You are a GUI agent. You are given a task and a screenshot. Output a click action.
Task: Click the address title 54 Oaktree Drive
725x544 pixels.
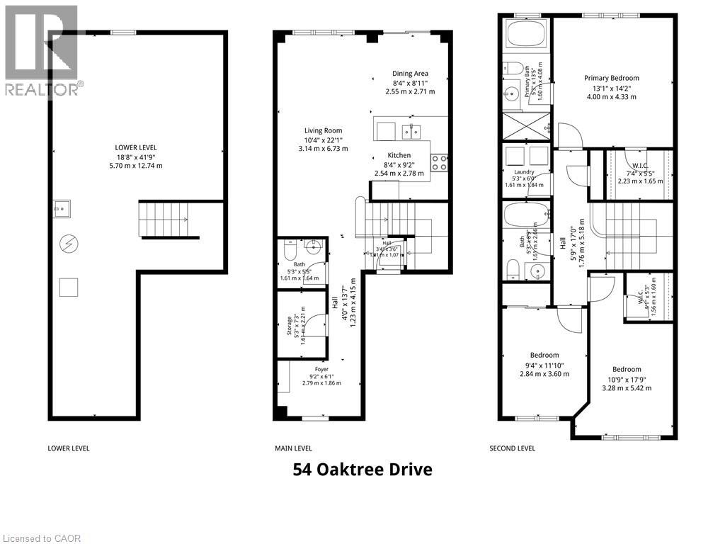[x=362, y=470]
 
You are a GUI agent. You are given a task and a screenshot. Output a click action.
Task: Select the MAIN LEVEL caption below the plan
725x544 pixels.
[x=293, y=448]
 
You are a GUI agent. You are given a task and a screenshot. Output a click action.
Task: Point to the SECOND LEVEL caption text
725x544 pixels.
[x=513, y=448]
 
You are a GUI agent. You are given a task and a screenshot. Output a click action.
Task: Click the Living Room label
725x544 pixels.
[x=323, y=130]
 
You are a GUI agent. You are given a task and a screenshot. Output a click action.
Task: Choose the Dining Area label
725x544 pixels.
[x=410, y=74]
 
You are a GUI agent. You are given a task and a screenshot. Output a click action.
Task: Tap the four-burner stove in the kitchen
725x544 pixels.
[x=439, y=163]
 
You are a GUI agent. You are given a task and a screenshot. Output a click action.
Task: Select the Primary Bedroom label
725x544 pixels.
[x=611, y=79]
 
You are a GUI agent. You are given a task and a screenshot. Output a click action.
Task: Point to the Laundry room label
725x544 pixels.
[x=523, y=171]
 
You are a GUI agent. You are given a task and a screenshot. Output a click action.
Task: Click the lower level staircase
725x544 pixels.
[x=167, y=219]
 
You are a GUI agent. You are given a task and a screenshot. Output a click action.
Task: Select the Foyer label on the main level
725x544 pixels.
[x=321, y=369]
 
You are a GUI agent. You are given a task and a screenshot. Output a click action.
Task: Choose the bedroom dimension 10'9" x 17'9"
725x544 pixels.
[x=626, y=379]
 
